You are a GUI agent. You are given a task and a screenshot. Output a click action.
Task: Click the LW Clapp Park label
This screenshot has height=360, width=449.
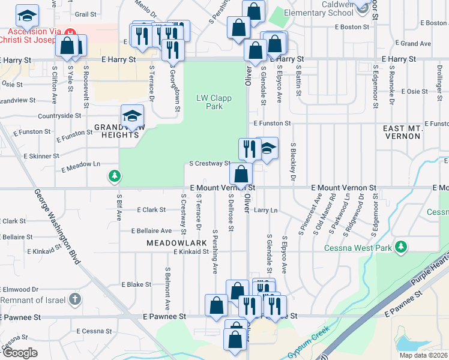(209, 102)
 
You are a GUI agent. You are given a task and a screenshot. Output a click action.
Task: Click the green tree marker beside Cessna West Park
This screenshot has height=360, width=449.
(400, 247)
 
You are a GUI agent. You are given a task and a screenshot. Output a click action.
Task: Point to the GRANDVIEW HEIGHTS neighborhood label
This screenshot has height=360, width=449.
(116, 131)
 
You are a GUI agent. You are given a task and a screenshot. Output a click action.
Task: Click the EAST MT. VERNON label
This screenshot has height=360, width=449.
(402, 132)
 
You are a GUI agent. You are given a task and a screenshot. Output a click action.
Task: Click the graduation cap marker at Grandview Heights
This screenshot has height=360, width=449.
(132, 115)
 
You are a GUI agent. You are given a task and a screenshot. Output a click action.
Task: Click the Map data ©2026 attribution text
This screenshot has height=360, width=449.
(423, 355)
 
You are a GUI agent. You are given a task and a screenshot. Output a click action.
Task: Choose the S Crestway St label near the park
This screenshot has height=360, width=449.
(209, 163)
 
